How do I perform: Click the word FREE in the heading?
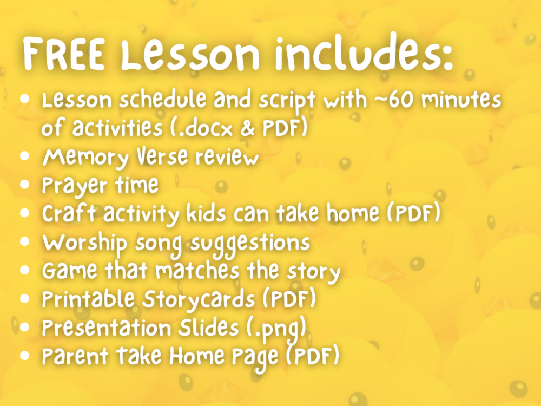click(x=64, y=54)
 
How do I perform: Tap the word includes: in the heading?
click(x=364, y=52)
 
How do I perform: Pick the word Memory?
click(x=85, y=158)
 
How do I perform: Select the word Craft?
click(x=69, y=213)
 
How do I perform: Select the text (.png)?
click(x=276, y=329)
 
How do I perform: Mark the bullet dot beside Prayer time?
click(x=24, y=185)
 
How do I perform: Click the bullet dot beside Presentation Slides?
click(x=24, y=327)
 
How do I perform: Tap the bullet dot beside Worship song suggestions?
click(x=24, y=241)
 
